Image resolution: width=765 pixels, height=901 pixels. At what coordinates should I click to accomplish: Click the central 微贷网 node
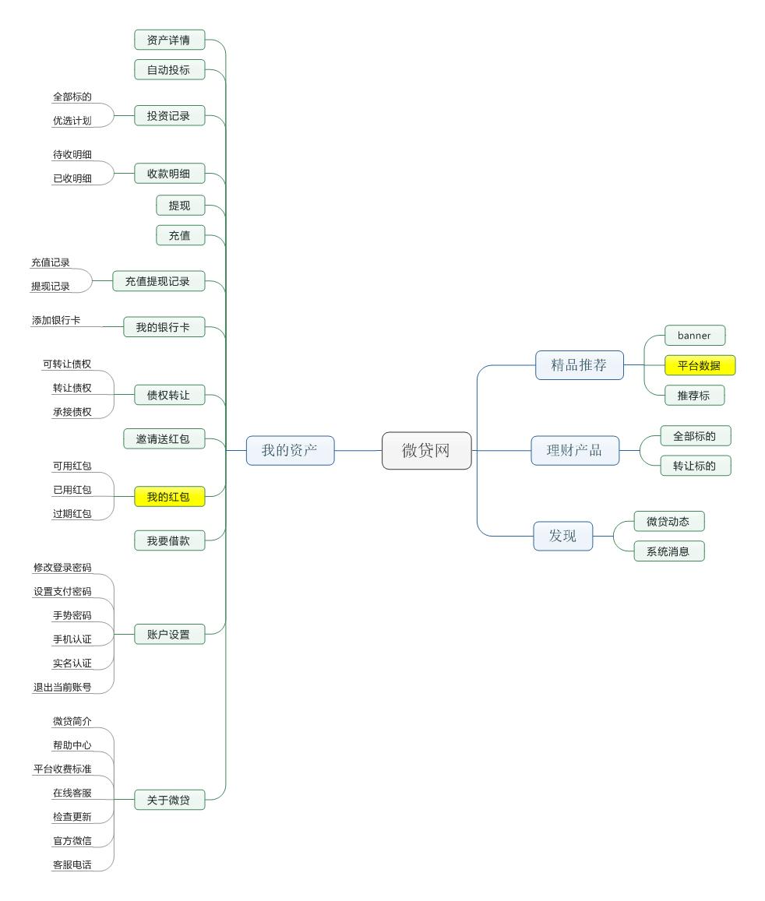point(426,450)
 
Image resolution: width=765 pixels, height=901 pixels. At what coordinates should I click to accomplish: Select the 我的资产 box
point(290,450)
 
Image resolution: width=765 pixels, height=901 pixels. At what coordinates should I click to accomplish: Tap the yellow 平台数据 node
point(699,365)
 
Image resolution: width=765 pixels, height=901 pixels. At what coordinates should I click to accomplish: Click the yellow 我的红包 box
point(168,496)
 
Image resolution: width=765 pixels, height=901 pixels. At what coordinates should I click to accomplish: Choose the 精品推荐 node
point(579,364)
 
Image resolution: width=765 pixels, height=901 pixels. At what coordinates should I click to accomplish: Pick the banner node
point(694,336)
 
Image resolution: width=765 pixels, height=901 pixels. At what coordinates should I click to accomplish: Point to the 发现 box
point(562,536)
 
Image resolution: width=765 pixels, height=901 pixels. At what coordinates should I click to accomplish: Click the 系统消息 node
point(668,551)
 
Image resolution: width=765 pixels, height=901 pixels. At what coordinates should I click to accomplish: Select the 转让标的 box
point(695,466)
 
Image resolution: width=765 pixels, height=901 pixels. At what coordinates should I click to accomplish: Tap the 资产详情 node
point(168,40)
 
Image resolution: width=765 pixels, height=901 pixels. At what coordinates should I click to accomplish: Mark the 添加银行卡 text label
point(56,320)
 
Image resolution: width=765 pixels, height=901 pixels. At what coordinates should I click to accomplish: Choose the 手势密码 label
point(72,615)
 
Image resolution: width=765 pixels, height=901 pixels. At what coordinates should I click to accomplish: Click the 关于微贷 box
point(168,800)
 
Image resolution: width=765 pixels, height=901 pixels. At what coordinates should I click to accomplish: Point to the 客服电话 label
point(72,864)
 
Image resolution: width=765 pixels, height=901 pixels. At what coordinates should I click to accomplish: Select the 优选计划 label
point(72,121)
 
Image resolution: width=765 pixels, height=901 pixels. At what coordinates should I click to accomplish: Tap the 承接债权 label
point(72,412)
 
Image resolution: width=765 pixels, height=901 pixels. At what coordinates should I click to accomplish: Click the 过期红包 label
point(72,514)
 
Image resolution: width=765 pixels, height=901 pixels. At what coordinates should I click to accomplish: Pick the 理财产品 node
point(574,450)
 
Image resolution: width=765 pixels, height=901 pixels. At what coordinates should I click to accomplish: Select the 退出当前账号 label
point(62,687)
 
